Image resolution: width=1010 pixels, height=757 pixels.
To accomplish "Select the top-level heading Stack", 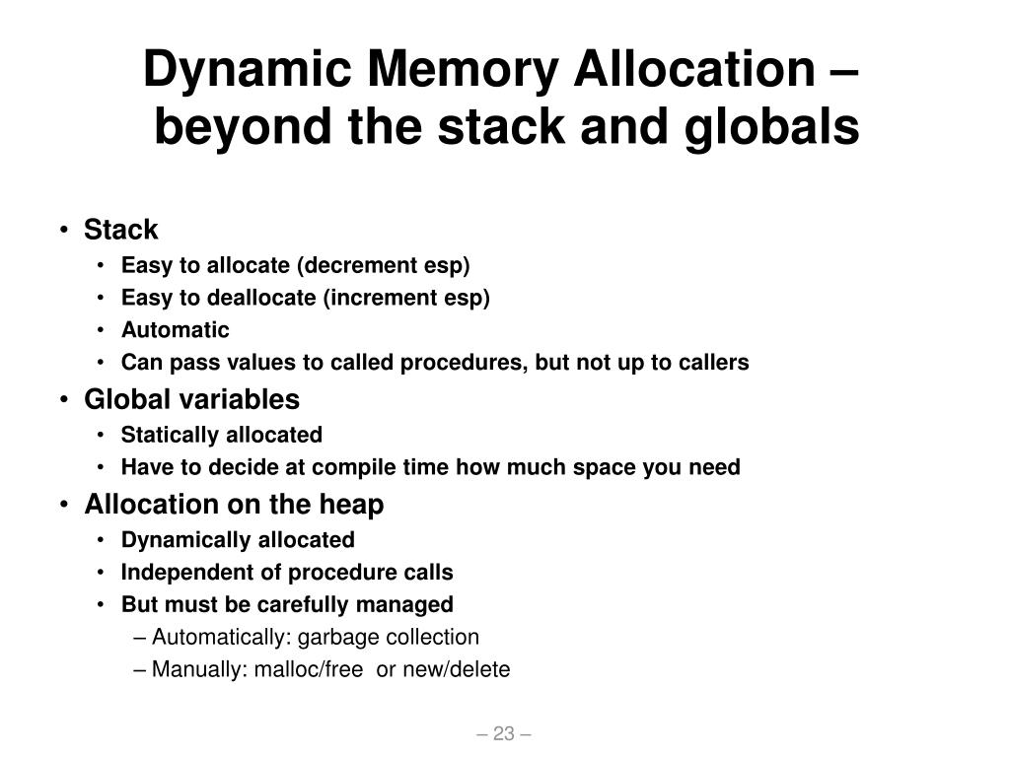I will pos(120,231).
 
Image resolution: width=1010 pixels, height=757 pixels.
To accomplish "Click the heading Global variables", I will pos(191,399).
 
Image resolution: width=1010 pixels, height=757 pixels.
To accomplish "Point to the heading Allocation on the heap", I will pos(234,505).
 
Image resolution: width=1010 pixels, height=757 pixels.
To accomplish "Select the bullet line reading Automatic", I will pos(175,330).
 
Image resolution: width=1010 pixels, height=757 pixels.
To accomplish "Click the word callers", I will pos(713,363).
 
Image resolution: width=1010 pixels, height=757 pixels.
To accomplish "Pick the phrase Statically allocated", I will pos(221,435).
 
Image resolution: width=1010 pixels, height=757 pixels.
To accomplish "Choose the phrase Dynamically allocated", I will pos(238,540).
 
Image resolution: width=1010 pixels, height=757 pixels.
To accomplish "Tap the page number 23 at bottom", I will pos(504,733).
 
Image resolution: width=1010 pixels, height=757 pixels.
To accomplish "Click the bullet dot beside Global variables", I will pos(64,400).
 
